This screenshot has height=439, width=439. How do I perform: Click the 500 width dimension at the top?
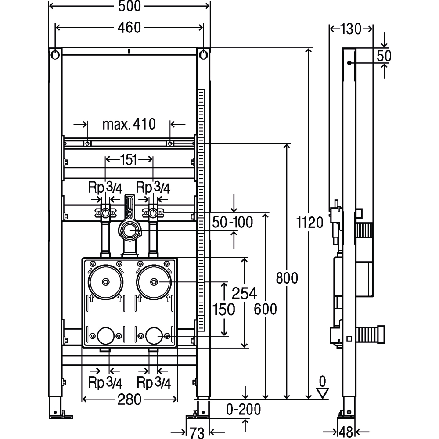pyautogui.click(x=130, y=6)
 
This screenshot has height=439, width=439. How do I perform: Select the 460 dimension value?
pyautogui.click(x=129, y=27)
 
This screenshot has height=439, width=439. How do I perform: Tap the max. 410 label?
pyautogui.click(x=129, y=124)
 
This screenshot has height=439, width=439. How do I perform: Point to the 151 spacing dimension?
pyautogui.click(x=129, y=160)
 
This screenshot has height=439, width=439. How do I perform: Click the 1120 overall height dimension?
pyautogui.click(x=309, y=223)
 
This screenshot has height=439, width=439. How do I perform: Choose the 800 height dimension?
pyautogui.click(x=287, y=278)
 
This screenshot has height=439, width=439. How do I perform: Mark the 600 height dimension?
pyautogui.click(x=266, y=309)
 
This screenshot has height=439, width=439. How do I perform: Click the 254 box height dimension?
pyautogui.click(x=244, y=293)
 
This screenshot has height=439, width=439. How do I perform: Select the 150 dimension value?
pyautogui.click(x=223, y=309)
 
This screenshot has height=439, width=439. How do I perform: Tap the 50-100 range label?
pyautogui.click(x=232, y=222)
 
